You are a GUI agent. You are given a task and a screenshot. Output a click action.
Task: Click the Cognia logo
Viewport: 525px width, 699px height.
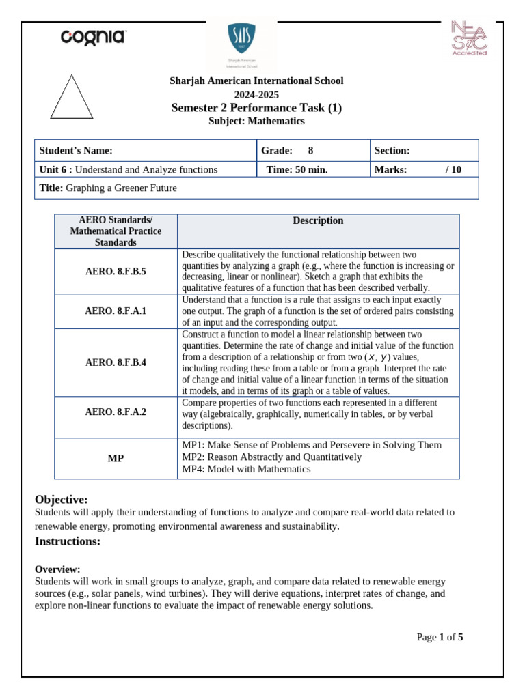point(93,37)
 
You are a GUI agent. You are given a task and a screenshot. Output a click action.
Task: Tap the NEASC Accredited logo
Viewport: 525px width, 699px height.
point(469,38)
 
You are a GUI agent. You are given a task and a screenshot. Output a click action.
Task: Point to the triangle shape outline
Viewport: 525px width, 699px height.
point(72,98)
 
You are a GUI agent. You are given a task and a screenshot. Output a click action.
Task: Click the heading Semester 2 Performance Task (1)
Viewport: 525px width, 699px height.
point(256,108)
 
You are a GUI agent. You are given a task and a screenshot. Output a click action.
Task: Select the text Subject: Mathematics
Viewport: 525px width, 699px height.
point(256,121)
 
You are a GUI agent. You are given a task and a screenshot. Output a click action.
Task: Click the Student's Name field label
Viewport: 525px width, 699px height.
point(76,151)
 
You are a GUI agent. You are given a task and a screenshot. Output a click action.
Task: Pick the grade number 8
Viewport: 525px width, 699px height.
point(310,151)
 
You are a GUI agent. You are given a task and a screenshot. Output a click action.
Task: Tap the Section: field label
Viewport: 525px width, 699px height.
point(392,151)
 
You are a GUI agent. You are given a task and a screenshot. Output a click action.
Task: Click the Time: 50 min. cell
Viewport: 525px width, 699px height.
point(297,169)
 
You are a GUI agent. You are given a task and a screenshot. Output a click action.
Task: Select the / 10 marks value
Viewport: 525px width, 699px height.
point(453,169)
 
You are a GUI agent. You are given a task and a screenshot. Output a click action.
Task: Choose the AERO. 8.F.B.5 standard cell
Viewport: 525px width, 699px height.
point(116,271)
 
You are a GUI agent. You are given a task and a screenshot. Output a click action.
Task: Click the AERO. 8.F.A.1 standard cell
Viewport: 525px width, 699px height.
point(116,311)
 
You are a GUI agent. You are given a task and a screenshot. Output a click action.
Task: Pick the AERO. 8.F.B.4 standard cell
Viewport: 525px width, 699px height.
point(116,362)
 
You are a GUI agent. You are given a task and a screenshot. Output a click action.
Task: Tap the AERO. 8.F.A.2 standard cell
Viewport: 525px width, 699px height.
point(116,412)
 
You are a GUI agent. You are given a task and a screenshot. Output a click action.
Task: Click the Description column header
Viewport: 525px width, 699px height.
point(318,220)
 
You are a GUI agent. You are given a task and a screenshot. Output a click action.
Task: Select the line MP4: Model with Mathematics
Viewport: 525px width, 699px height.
point(246,469)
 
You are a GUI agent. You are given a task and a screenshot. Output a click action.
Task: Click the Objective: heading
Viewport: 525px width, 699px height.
point(62,499)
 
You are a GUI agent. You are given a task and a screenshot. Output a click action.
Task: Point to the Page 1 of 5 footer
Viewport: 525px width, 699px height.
point(440,637)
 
